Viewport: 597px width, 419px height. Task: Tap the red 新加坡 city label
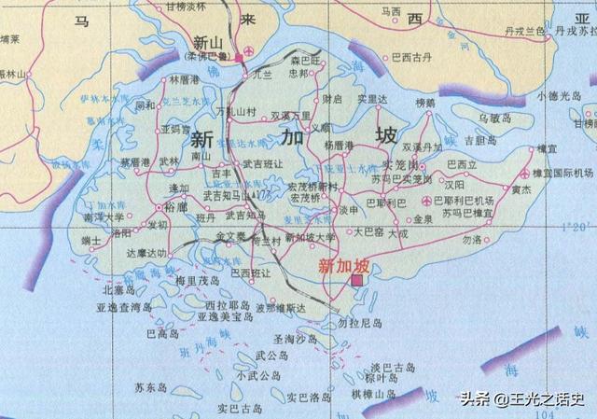(x=339, y=265)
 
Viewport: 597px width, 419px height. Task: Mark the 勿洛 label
(x=472, y=240)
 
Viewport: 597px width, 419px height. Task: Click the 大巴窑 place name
(x=369, y=230)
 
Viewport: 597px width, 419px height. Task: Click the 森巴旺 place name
(x=302, y=61)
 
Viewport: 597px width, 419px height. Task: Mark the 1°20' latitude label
(x=579, y=228)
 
